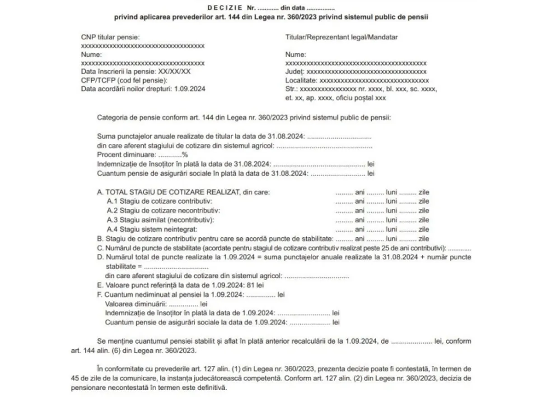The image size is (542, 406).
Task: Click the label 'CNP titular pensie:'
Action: click(111, 37)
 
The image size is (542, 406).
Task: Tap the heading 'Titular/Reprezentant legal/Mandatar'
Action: click(341, 37)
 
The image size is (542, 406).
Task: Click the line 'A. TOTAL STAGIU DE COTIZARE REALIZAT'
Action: click(169, 192)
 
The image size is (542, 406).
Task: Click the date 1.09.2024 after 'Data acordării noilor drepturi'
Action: click(190, 89)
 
